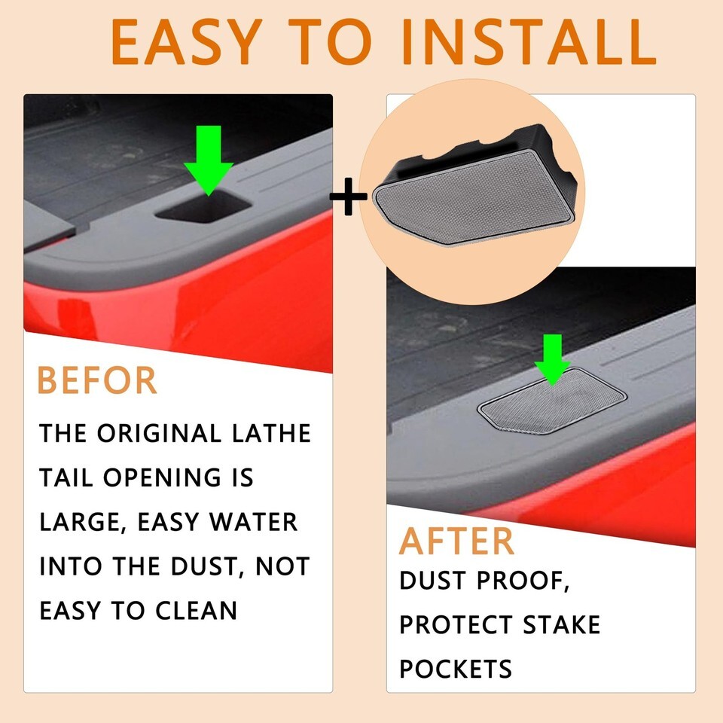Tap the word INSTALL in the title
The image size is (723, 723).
pyautogui.click(x=529, y=42)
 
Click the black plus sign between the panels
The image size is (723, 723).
pyautogui.click(x=349, y=197)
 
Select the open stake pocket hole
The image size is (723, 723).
pyautogui.click(x=203, y=208)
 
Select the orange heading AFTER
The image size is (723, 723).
pyautogui.click(x=456, y=541)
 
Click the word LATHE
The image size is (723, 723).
pyautogui.click(x=271, y=434)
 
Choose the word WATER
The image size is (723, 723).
pyautogui.click(x=253, y=522)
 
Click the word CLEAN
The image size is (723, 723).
pyautogui.click(x=196, y=611)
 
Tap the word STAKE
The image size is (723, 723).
pyautogui.click(x=562, y=625)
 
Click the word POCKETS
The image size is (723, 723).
pyautogui.click(x=456, y=669)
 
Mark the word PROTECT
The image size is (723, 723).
pyautogui.click(x=456, y=625)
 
